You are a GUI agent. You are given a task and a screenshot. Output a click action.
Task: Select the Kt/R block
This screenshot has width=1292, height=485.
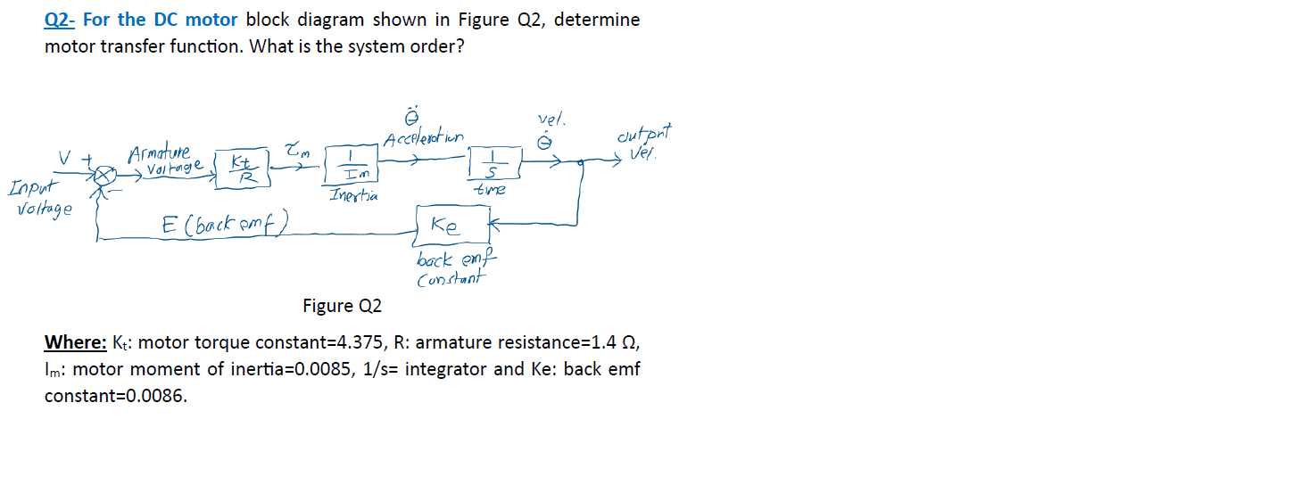tap(241, 168)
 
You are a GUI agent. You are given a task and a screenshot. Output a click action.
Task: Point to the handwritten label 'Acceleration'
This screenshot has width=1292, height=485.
tap(423, 139)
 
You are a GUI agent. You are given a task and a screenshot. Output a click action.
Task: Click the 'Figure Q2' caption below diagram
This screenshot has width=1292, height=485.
tap(342, 306)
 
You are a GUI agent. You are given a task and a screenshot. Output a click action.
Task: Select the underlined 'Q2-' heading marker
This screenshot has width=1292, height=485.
tap(61, 19)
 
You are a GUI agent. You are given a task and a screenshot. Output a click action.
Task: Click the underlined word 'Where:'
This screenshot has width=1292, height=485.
tap(75, 342)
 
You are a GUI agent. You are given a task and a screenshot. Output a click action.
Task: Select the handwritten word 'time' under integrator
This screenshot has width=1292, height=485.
tap(491, 190)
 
